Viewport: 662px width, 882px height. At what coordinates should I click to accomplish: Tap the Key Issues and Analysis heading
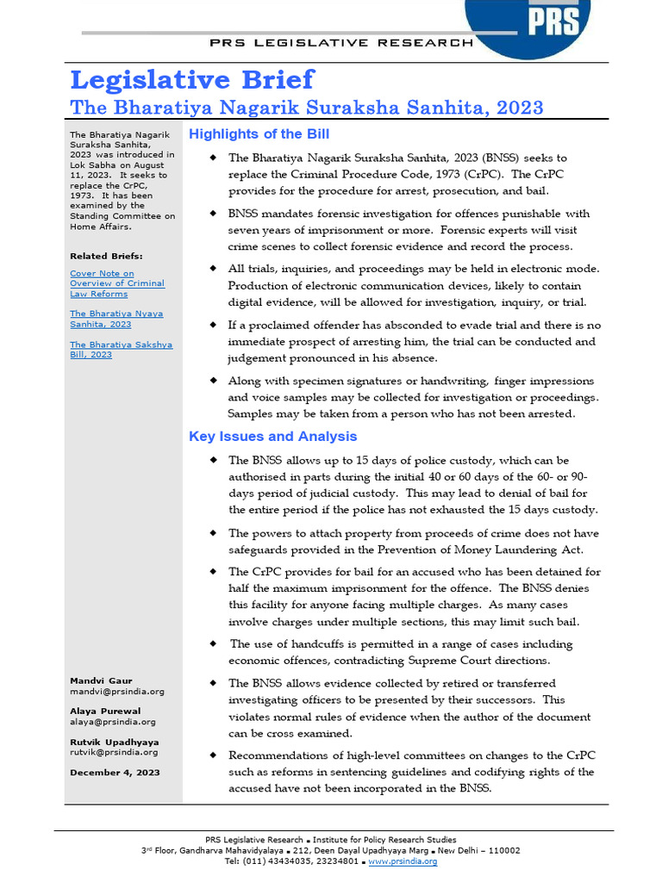(272, 437)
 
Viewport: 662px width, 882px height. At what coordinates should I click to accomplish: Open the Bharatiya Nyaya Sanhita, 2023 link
(116, 319)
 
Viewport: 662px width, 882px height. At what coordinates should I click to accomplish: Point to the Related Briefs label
(106, 256)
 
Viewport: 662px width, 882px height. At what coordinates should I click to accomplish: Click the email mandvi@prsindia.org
(116, 691)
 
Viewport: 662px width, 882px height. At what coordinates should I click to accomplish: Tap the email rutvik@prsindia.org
(114, 752)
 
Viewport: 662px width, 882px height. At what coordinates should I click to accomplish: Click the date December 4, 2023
(114, 773)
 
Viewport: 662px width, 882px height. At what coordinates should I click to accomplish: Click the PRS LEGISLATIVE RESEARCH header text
(342, 42)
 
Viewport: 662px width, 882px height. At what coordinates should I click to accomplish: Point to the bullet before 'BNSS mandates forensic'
(213, 214)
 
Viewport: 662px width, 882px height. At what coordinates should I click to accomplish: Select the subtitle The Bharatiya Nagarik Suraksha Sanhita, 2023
(306, 108)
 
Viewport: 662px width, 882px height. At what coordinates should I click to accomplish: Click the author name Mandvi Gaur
(101, 680)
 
